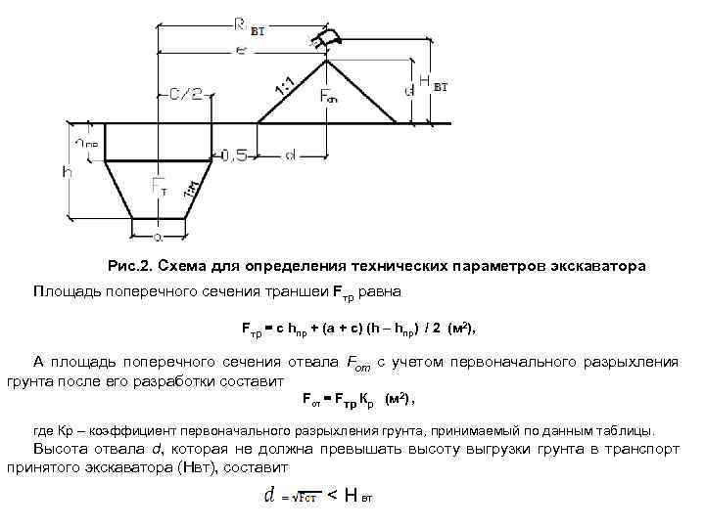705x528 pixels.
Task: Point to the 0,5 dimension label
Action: coord(235,154)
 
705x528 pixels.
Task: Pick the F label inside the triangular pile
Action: coord(329,96)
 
